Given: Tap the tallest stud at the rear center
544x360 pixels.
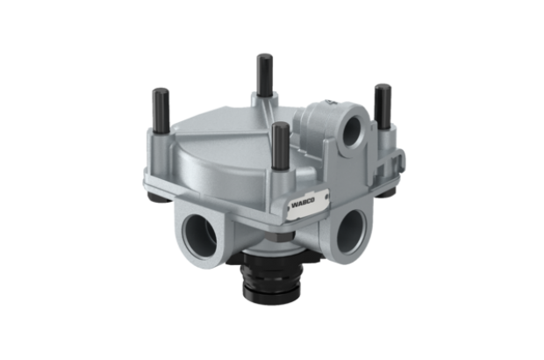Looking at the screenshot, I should pyautogui.click(x=261, y=75).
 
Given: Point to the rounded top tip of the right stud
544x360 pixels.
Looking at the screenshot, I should pyautogui.click(x=383, y=87).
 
